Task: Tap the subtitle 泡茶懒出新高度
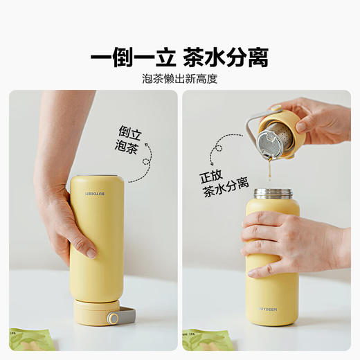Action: point(179,79)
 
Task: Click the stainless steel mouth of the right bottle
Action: point(272,194)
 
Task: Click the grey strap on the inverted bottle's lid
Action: point(123,318)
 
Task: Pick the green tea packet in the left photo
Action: point(30,339)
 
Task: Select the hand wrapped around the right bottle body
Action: point(277,239)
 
